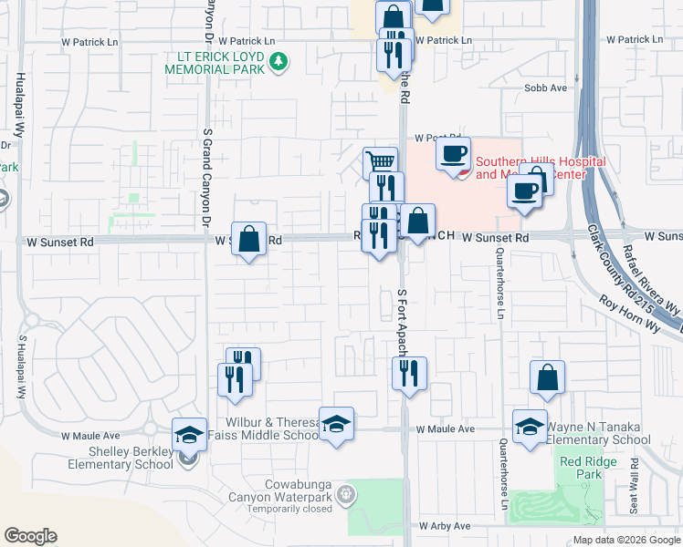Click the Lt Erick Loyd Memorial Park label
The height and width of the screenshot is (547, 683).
(215, 63)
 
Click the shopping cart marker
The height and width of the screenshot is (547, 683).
(380, 164)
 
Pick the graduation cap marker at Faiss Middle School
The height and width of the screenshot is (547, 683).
(336, 424)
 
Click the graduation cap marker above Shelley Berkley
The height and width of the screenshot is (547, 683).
(189, 434)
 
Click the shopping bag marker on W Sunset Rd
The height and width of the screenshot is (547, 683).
(248, 239)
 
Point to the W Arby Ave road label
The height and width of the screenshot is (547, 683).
(445, 526)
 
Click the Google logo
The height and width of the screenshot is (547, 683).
(30, 536)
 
